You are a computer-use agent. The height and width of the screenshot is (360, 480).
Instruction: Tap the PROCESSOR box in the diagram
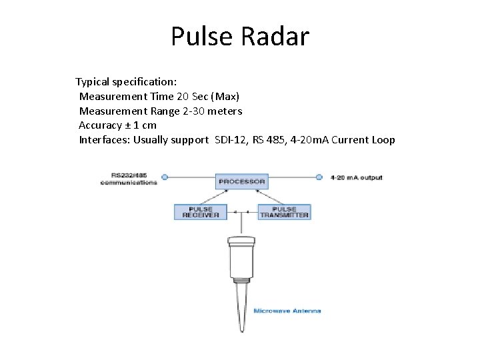(242, 181)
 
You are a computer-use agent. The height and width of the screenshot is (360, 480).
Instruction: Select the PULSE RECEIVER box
(200, 212)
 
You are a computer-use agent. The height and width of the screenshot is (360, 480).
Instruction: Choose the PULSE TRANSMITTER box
(284, 212)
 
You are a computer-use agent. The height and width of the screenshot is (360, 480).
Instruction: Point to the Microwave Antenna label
(287, 311)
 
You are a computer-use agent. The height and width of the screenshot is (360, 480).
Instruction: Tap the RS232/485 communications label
(129, 179)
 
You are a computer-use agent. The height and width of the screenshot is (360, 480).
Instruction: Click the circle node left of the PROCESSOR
(165, 177)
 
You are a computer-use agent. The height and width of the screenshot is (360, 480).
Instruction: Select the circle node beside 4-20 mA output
(319, 177)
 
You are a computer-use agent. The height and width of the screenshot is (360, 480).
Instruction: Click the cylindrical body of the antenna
(242, 260)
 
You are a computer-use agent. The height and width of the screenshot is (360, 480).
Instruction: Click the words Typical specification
(126, 82)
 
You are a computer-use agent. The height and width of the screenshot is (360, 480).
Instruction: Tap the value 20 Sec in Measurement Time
(197, 97)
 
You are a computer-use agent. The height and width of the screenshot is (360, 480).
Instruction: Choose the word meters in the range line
(225, 111)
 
